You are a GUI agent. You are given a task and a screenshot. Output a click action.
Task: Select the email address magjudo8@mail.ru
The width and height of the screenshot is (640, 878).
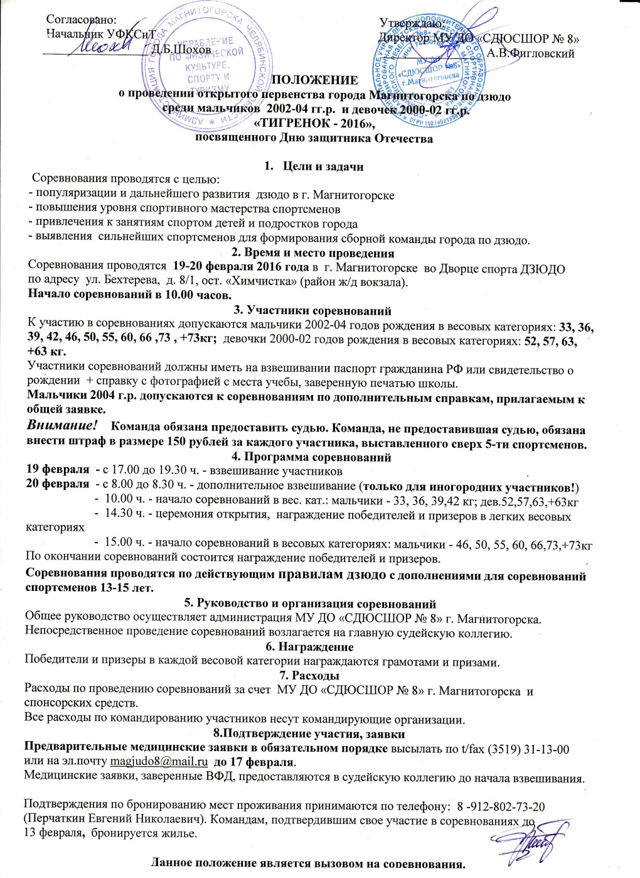point(159,762)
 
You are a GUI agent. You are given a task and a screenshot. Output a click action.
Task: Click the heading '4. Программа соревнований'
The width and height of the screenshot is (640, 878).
point(311,457)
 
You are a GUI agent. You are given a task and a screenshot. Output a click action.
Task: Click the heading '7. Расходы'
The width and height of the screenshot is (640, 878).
point(312,676)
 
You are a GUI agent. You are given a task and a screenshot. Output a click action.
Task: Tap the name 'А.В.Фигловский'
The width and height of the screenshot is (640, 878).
point(531,53)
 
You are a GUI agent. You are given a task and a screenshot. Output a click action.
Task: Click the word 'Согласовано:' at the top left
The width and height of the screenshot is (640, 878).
point(82,20)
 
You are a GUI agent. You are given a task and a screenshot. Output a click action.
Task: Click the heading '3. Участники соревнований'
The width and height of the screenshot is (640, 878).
point(312,310)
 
